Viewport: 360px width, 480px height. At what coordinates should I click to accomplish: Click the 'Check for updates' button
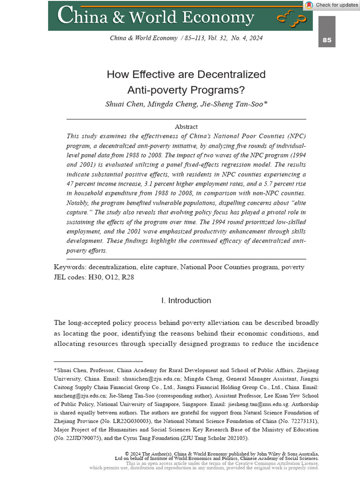[x=332, y=5]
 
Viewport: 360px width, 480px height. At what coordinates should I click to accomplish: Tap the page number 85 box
[x=327, y=40]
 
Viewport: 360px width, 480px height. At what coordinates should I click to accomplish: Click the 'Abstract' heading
[x=186, y=127]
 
